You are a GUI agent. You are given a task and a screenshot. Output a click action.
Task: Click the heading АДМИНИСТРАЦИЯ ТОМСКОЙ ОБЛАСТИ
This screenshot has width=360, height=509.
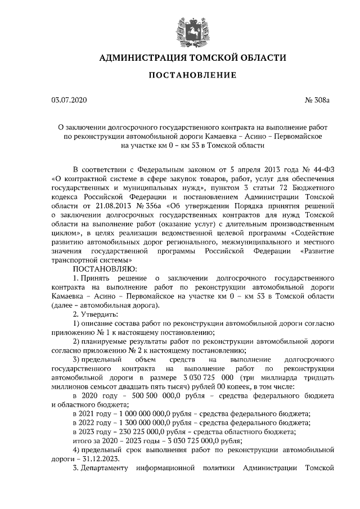coord(192,58)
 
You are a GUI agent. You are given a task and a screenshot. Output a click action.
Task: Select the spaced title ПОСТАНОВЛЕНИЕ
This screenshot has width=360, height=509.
coord(192,76)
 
